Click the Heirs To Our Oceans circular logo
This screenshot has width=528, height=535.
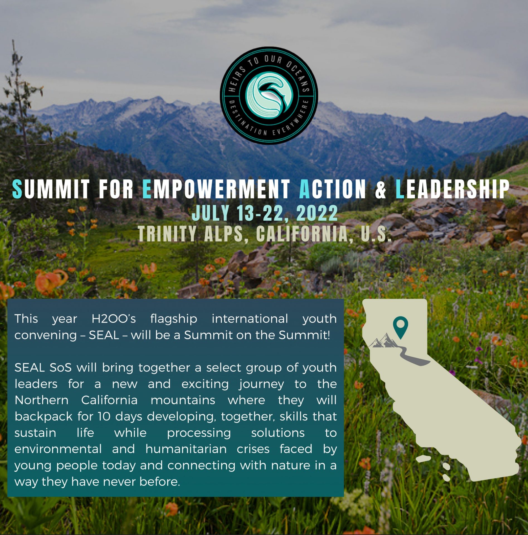point(269,95)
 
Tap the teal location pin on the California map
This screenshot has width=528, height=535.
point(400,327)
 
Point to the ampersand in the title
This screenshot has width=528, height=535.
point(381,189)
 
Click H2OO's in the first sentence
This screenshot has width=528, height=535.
point(114,319)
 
